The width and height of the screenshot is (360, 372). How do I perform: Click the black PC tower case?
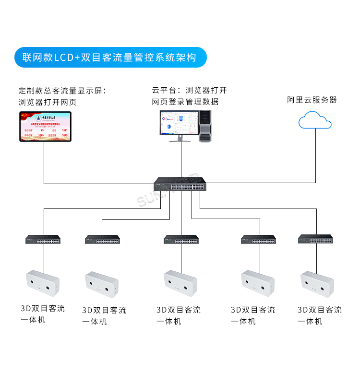click(205, 125)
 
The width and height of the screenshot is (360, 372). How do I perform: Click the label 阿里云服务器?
click(312, 100)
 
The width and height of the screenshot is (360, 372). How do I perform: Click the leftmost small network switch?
click(43, 240)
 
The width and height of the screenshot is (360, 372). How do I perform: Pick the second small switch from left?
click(102, 240)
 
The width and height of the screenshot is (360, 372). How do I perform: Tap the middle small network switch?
click(181, 240)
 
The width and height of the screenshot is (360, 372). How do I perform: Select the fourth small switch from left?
click(258, 240)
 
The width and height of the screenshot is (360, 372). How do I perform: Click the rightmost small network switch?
click(315, 239)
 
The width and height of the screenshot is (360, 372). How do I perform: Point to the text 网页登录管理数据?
click(185, 102)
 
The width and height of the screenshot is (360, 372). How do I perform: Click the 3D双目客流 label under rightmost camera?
click(319, 310)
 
